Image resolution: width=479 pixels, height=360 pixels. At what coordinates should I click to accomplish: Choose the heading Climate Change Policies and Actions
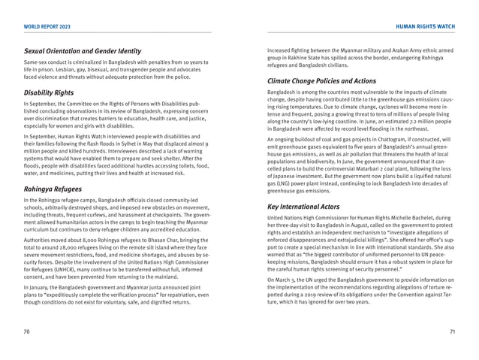click(327, 80)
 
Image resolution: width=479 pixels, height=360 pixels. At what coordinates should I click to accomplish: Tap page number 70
click(27, 331)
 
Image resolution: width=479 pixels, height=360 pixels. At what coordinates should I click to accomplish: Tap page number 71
click(452, 331)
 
